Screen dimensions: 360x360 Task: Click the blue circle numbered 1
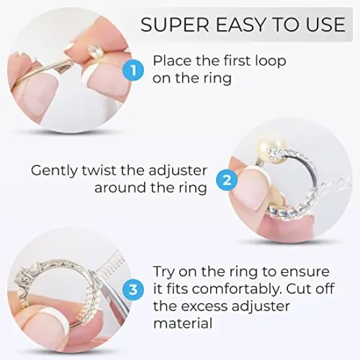pos(134,69)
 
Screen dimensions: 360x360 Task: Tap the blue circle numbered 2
pos(226,179)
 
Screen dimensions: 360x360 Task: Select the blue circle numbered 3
pos(134,289)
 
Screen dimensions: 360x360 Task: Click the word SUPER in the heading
pos(171,25)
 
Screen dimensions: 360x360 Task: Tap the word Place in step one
pos(171,60)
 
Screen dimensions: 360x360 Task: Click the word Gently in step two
pos(54,170)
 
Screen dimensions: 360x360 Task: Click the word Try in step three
pos(165,272)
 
